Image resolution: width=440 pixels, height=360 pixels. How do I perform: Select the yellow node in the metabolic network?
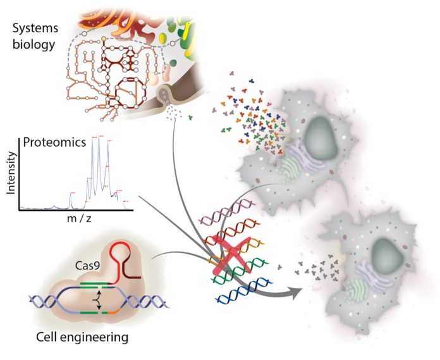104,40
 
